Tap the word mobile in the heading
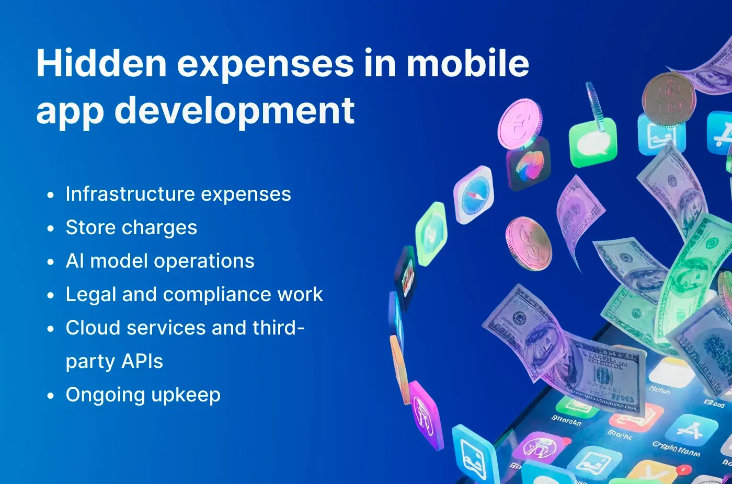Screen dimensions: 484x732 (x=468, y=63)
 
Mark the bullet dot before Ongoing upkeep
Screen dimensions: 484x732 (x=50, y=396)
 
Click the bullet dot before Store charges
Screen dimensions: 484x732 (x=50, y=228)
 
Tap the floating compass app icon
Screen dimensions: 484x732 (x=474, y=194)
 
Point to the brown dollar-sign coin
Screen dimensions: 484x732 (x=669, y=99)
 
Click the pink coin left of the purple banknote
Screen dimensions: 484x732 (x=529, y=244)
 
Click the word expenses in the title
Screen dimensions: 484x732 (x=266, y=63)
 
